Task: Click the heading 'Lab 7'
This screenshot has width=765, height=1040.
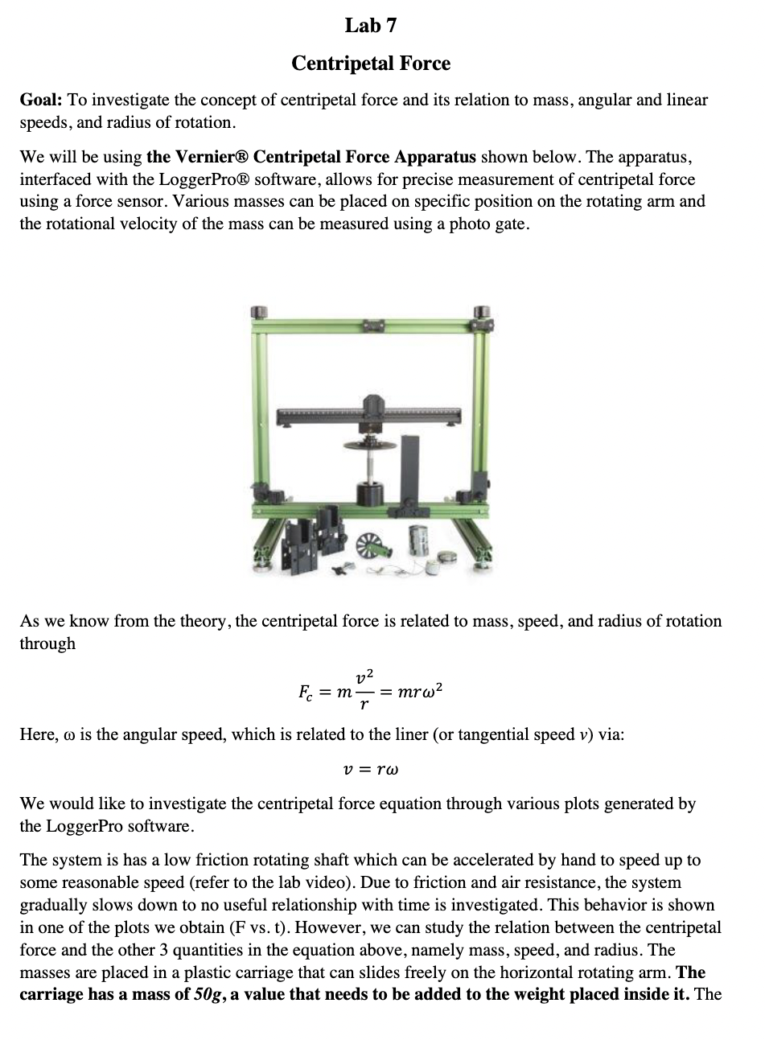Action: click(371, 26)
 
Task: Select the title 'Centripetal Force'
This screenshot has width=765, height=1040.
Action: click(371, 63)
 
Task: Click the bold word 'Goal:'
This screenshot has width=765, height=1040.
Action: click(41, 101)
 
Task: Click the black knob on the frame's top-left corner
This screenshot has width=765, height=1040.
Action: click(258, 312)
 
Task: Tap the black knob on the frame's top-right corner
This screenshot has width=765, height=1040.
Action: click(482, 312)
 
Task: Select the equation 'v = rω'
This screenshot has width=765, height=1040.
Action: click(371, 769)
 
